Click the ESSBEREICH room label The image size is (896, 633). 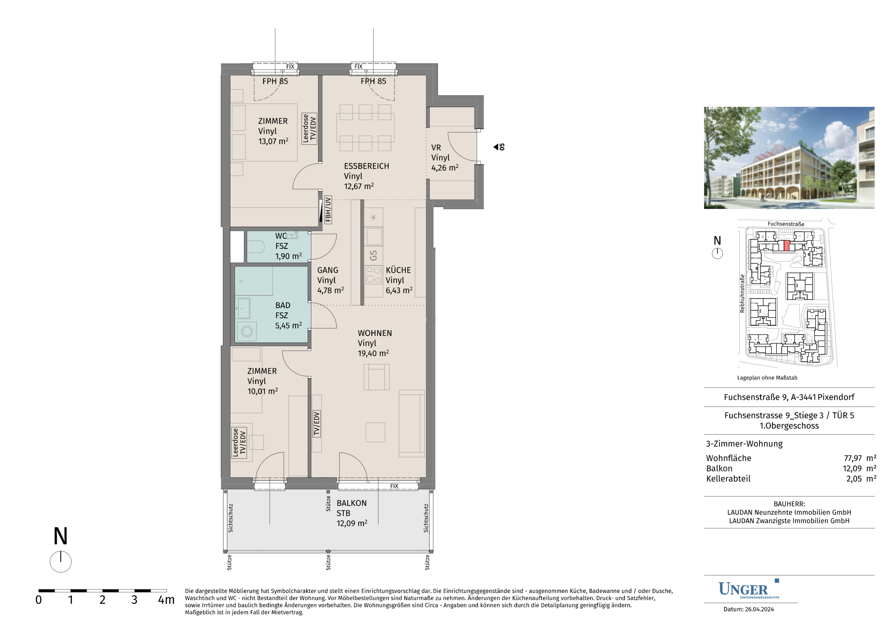pyautogui.click(x=366, y=166)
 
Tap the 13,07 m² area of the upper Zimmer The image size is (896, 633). pyautogui.click(x=273, y=141)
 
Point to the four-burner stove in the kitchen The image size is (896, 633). pyautogui.click(x=374, y=275)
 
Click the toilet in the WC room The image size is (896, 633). pyautogui.click(x=256, y=246)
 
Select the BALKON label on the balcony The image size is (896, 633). pyautogui.click(x=351, y=503)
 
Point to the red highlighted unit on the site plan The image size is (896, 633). pyautogui.click(x=787, y=246)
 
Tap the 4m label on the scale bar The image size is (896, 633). pyautogui.click(x=166, y=600)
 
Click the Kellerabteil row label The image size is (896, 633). pyautogui.click(x=728, y=478)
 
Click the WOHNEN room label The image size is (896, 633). pyautogui.click(x=375, y=333)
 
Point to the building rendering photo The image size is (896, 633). pyautogui.click(x=789, y=158)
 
